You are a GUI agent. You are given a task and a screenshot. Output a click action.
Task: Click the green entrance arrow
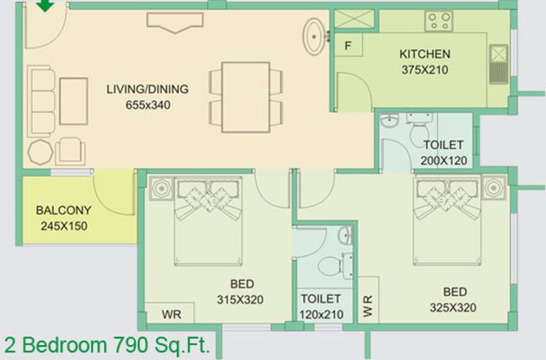[45, 5]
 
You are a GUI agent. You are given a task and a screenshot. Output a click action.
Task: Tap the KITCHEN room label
[425, 54]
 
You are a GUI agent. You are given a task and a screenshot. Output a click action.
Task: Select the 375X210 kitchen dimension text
[425, 70]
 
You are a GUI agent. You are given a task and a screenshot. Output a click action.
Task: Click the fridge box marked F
[348, 45]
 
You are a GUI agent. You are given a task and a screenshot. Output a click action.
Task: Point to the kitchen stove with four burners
[439, 21]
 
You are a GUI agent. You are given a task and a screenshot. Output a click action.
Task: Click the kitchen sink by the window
[499, 64]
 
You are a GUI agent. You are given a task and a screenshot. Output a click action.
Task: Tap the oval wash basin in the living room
[315, 36]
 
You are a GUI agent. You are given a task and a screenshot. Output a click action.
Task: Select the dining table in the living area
[246, 97]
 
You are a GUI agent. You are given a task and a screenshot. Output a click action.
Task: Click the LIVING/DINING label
[147, 89]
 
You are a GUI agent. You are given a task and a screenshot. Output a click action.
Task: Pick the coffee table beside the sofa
[74, 101]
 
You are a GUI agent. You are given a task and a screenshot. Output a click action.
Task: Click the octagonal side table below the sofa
[40, 152]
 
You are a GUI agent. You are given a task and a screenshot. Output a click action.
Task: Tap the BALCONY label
[63, 210]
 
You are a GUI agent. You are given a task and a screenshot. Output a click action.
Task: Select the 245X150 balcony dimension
[64, 226]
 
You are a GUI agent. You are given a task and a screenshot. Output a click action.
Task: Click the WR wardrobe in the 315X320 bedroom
[169, 313]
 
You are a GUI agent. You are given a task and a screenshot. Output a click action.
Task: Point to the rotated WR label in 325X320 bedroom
[368, 306]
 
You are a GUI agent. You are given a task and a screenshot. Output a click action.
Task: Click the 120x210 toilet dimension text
[321, 315]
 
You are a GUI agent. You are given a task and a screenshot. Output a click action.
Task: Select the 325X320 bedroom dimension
[453, 307]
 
